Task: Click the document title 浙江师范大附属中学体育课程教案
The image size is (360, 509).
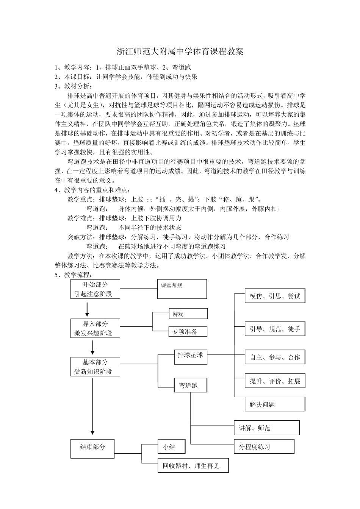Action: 180,52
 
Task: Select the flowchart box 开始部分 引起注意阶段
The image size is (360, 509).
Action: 95,289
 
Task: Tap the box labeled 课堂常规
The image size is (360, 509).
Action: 182,289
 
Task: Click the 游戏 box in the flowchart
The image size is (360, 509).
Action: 188,314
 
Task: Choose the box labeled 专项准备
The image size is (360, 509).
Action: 188,331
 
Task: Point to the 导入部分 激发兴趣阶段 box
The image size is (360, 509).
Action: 95,328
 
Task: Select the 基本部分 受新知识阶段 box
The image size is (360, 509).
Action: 95,367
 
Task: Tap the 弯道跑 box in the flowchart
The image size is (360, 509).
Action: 191,385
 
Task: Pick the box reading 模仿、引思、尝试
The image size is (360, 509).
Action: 275,296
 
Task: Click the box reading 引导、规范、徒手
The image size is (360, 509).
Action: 275,329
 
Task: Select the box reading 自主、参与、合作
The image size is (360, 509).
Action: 275,357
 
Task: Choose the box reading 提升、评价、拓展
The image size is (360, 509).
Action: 275,381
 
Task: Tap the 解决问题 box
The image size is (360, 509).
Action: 275,404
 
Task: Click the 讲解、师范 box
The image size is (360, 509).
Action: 267,428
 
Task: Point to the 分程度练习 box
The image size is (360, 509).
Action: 264,447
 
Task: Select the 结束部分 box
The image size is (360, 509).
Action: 92,448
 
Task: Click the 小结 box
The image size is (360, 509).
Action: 172,447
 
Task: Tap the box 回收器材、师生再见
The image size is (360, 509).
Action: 194,465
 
